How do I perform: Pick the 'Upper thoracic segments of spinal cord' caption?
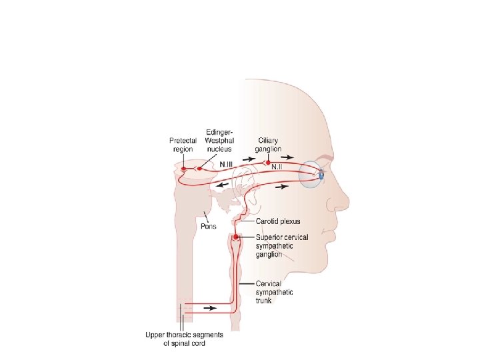pos(185,339)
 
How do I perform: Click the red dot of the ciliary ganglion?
pos(268,162)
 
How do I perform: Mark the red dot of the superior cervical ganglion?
pos(235,236)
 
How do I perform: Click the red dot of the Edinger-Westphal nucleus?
pos(199,169)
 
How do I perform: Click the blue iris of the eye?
pos(321,175)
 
